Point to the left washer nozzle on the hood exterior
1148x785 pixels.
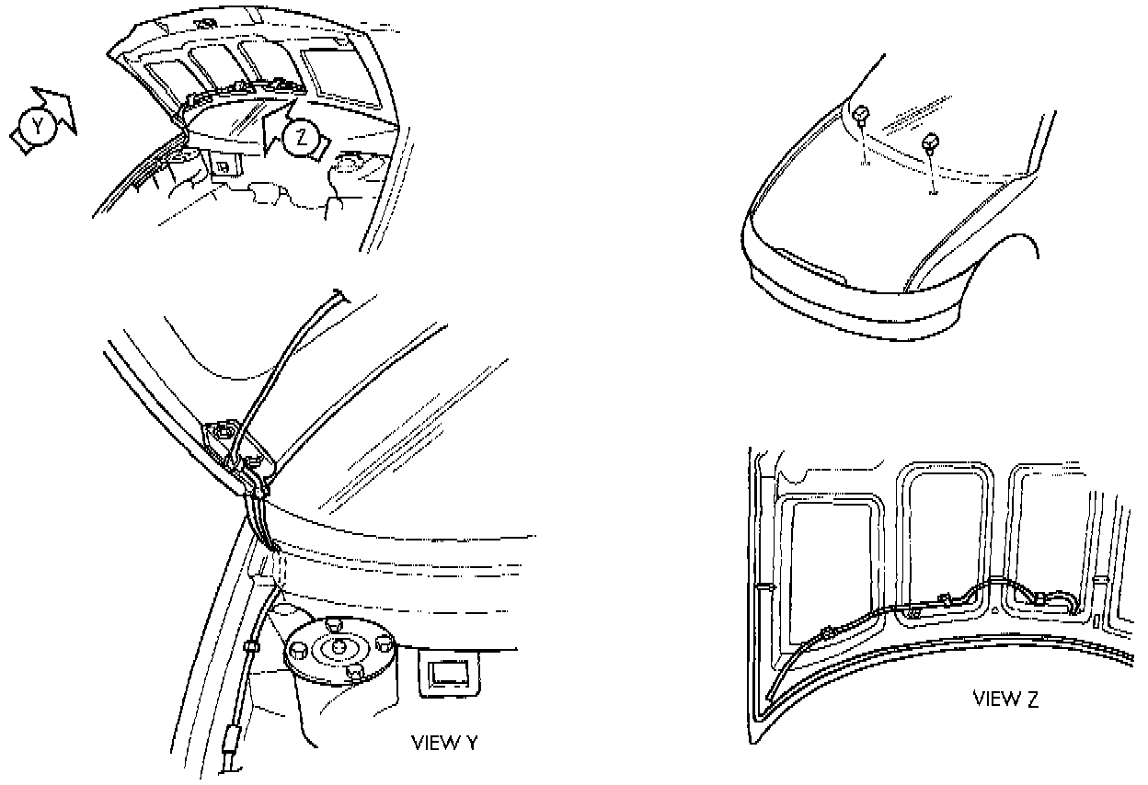coord(863,115)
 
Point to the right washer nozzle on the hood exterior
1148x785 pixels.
coord(930,142)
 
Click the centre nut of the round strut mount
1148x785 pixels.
coord(337,647)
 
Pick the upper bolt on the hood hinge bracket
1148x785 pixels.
coord(222,430)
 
